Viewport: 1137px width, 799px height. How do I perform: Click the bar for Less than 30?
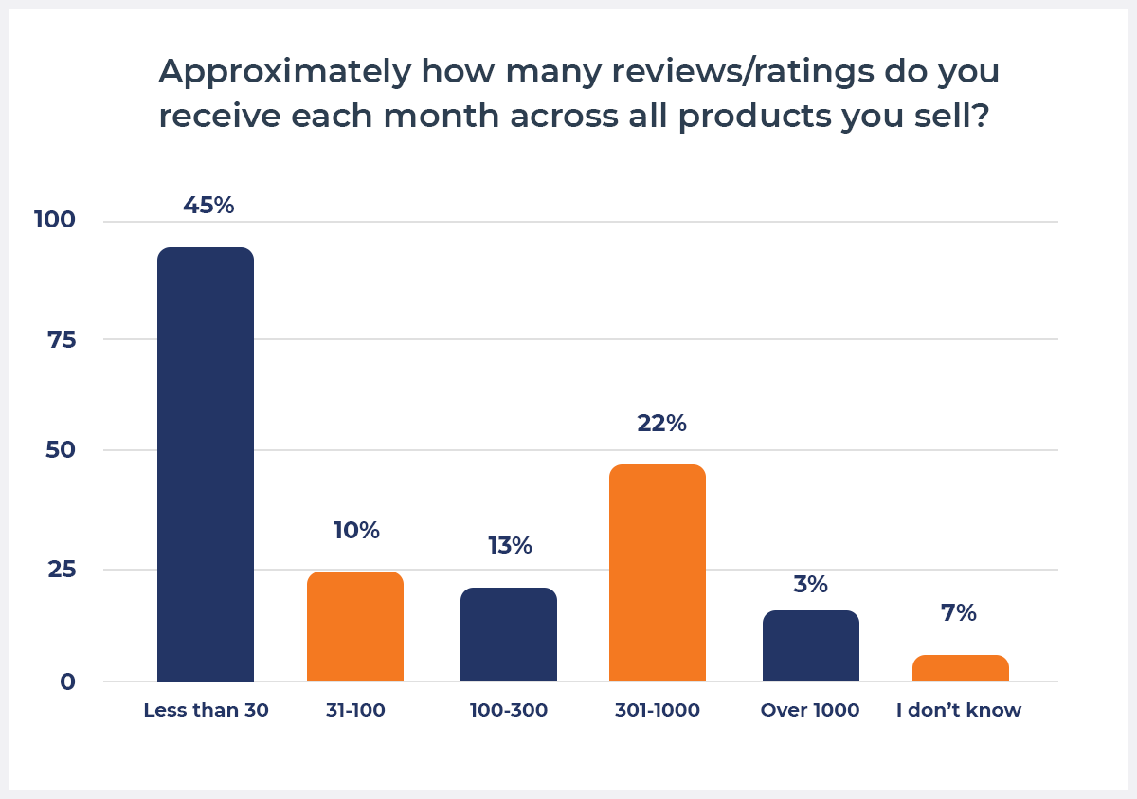pyautogui.click(x=206, y=464)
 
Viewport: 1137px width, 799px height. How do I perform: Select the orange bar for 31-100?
pyautogui.click(x=355, y=626)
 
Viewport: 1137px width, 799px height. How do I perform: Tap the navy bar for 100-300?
pyautogui.click(x=509, y=634)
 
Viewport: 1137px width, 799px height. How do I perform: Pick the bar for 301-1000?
pyautogui.click(x=658, y=572)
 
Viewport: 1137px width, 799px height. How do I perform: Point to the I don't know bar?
pyautogui.click(x=960, y=668)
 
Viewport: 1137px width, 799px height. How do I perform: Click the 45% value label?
pyautogui.click(x=208, y=206)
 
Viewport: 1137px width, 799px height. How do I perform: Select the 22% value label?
pyautogui.click(x=661, y=423)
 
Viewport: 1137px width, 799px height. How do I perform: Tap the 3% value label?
pyautogui.click(x=811, y=584)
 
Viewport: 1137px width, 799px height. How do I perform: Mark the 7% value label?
pyautogui.click(x=959, y=613)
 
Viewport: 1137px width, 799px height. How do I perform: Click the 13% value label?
pyautogui.click(x=510, y=546)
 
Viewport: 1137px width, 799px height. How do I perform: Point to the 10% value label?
pyautogui.click(x=356, y=531)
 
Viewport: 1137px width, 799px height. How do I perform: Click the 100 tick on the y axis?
pyautogui.click(x=54, y=220)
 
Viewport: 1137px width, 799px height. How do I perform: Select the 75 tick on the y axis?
pyautogui.click(x=62, y=339)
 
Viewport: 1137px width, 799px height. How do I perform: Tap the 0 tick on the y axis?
pyautogui.click(x=68, y=681)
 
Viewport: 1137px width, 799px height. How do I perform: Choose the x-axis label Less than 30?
pyautogui.click(x=207, y=710)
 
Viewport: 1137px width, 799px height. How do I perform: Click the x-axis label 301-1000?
pyautogui.click(x=658, y=710)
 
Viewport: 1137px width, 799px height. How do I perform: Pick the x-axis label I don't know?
pyautogui.click(x=959, y=710)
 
